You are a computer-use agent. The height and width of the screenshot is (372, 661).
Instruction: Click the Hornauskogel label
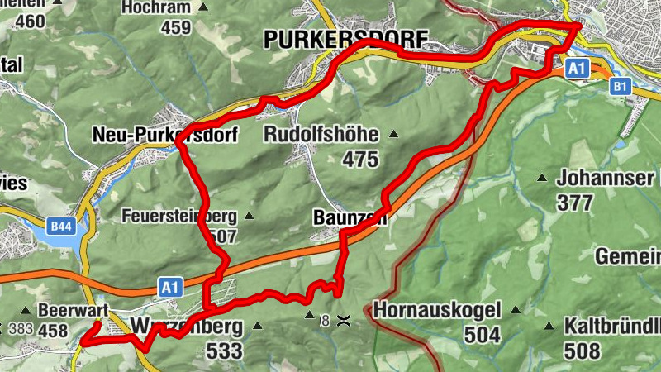click(x=437, y=311)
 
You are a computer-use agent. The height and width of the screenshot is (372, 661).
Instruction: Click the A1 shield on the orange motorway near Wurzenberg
click(x=170, y=288)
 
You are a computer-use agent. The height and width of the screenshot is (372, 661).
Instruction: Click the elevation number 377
click(x=575, y=202)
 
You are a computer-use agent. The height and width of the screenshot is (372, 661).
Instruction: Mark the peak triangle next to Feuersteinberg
click(x=249, y=217)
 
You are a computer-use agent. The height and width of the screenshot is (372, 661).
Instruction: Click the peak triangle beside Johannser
click(x=543, y=178)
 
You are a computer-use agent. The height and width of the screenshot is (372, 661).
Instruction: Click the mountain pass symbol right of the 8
click(x=342, y=319)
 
